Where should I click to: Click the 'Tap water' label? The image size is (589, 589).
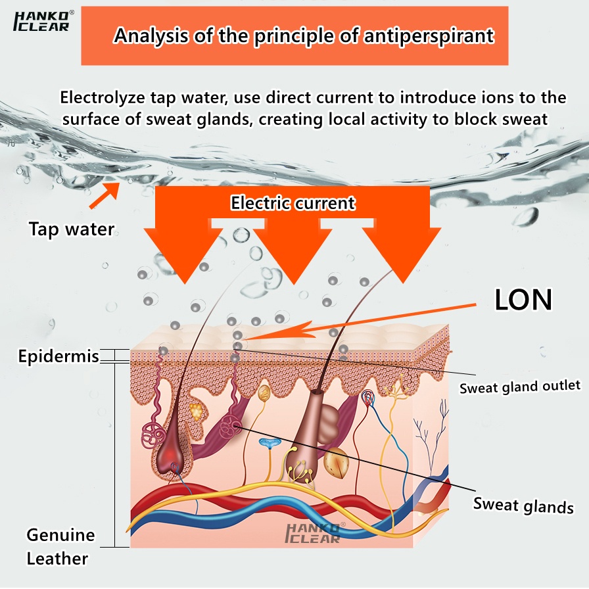pyautogui.click(x=71, y=229)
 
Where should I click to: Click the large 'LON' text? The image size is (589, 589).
pyautogui.click(x=523, y=300)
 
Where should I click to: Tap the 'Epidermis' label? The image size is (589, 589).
pyautogui.click(x=59, y=357)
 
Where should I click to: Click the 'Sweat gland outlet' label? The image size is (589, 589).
pyautogui.click(x=519, y=387)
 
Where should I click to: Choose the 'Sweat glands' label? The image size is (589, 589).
pyautogui.click(x=523, y=506)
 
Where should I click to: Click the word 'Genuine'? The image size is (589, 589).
pyautogui.click(x=60, y=535)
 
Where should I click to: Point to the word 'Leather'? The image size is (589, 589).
pyautogui.click(x=57, y=559)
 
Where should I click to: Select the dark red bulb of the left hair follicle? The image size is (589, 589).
pyautogui.click(x=172, y=450)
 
